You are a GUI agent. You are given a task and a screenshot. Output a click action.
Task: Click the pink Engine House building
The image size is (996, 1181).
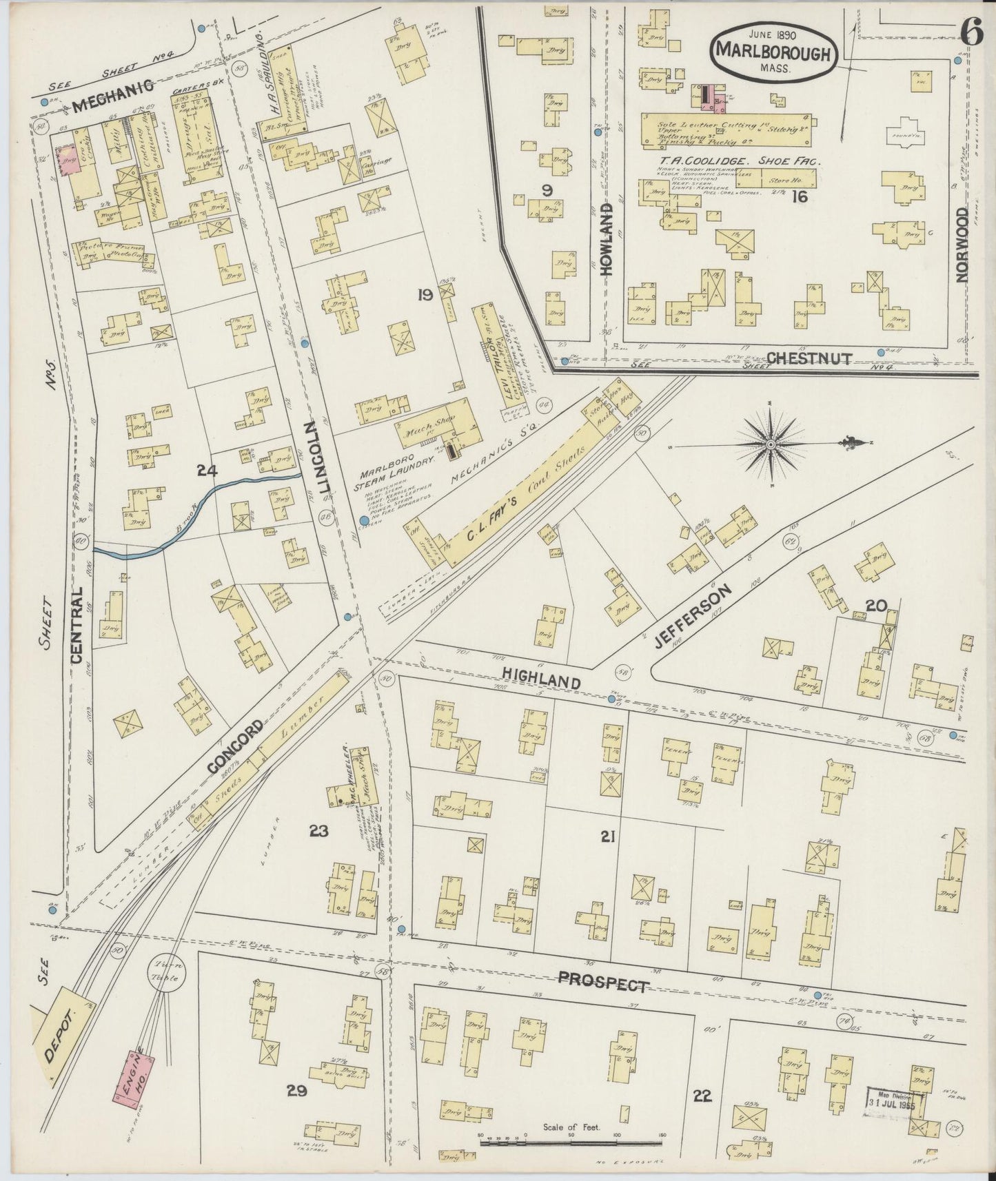(x=136, y=1078)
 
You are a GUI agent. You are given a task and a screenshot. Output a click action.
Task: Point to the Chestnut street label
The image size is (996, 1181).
(x=809, y=358)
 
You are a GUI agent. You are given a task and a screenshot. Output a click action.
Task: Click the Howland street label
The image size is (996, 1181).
(x=607, y=240)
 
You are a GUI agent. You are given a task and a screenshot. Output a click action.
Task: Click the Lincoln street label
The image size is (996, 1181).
(x=323, y=456)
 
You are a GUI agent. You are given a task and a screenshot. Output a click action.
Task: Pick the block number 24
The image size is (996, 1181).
(x=206, y=471)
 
